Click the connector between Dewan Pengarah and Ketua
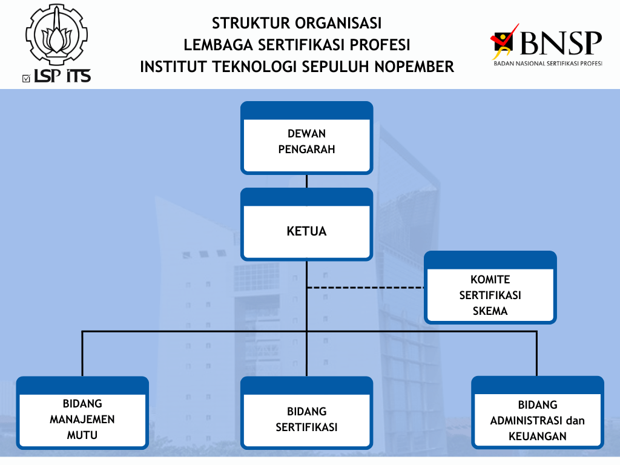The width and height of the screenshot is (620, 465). coord(306,181)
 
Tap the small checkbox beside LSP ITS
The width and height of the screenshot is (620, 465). coord(25,77)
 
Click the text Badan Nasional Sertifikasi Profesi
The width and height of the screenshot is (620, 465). coord(547,63)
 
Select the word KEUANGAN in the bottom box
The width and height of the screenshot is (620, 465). coord(538,436)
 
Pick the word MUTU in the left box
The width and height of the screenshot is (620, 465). coord(82,435)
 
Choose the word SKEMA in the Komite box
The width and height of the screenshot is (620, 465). coord(490,311)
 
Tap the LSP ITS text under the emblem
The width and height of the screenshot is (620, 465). coord(62,76)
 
